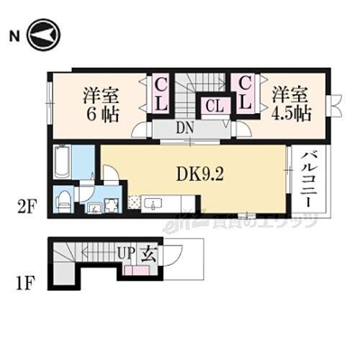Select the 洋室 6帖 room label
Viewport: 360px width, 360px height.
click(100, 104)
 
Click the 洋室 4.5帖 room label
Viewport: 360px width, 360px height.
click(289, 104)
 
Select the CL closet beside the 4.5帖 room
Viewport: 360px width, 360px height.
click(245, 94)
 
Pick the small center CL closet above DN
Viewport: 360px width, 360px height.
click(214, 107)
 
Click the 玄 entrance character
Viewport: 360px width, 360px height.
click(149, 253)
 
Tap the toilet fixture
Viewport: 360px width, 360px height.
click(63, 201)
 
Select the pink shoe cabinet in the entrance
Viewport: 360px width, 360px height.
click(136, 271)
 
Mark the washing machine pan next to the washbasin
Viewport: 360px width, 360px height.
click(111, 206)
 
